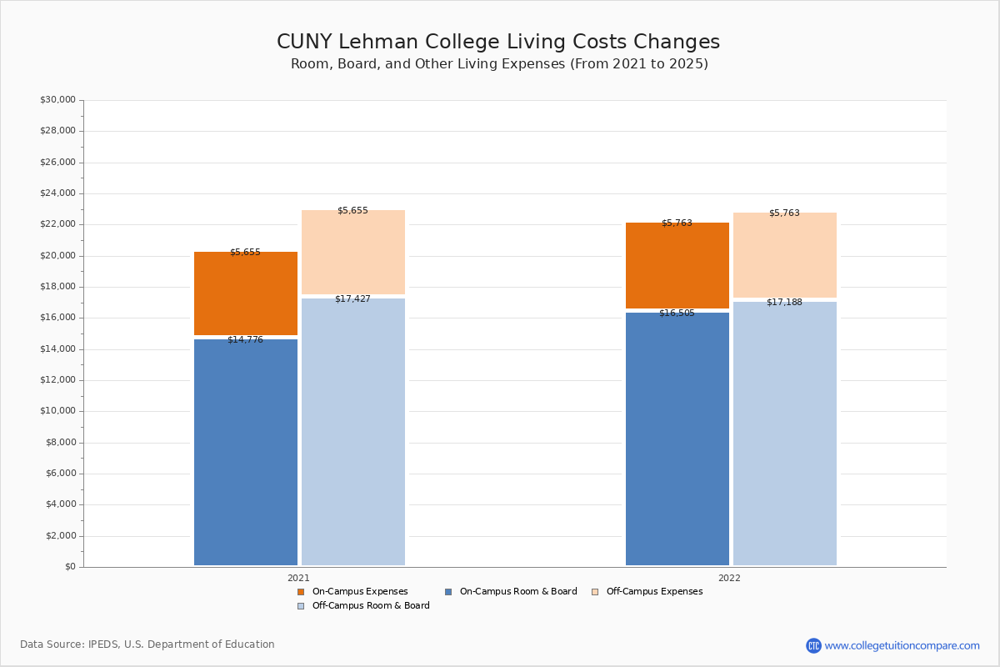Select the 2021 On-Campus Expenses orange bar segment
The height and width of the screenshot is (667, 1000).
(x=246, y=293)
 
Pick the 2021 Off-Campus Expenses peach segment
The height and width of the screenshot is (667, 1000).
(x=353, y=252)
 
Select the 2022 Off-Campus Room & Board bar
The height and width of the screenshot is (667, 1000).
(x=785, y=434)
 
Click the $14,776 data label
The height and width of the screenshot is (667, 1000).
(x=245, y=340)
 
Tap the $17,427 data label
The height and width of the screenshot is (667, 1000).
(x=352, y=299)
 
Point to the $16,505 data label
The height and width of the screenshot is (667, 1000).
(x=677, y=313)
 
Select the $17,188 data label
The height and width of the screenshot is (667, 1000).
(x=784, y=303)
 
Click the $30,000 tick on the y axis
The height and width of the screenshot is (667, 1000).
(x=57, y=100)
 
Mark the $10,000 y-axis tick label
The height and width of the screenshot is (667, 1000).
(x=57, y=411)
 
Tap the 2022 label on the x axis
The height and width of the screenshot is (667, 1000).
(x=729, y=578)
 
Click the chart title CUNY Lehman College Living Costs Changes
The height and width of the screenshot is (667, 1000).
(x=498, y=43)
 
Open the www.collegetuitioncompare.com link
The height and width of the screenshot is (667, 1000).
(x=902, y=645)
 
